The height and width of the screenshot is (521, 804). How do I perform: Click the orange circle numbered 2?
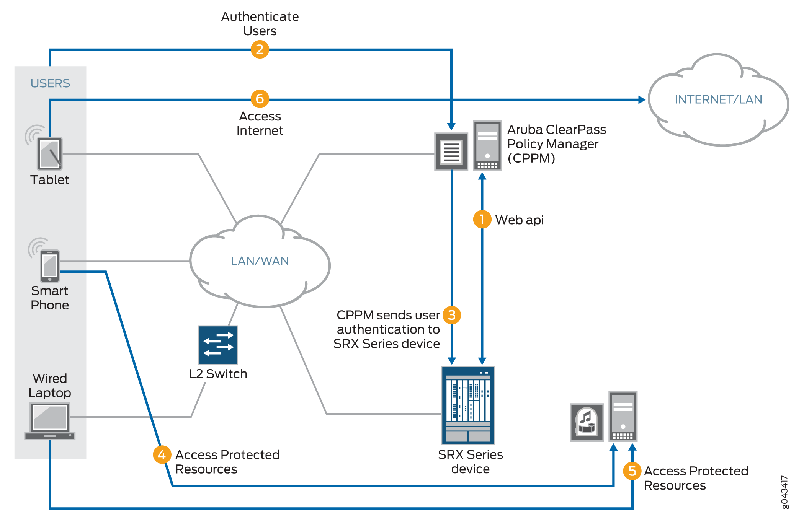pyautogui.click(x=260, y=49)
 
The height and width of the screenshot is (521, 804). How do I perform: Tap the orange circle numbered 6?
pyautogui.click(x=260, y=99)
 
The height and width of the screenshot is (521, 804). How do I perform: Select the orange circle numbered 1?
pyautogui.click(x=482, y=219)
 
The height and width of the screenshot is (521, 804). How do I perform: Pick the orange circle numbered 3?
pyautogui.click(x=452, y=315)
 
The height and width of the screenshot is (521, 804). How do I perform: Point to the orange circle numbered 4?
pyautogui.click(x=162, y=454)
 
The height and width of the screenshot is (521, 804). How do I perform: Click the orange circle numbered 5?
pyautogui.click(x=632, y=471)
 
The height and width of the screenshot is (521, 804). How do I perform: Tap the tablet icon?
pyautogui.click(x=50, y=153)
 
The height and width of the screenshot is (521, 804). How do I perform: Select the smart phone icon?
pyautogui.click(x=50, y=266)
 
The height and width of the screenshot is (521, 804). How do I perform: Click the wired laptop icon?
pyautogui.click(x=50, y=421)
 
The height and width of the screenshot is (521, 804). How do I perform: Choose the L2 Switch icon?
pyautogui.click(x=218, y=345)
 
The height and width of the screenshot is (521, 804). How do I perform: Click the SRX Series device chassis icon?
pyautogui.click(x=468, y=405)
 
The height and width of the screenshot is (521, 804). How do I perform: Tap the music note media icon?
pyautogui.click(x=587, y=422)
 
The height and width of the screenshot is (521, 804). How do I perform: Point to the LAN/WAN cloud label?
pyautogui.click(x=260, y=261)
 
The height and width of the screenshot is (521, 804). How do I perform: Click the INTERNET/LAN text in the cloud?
pyautogui.click(x=718, y=99)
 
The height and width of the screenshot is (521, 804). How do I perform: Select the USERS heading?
pyautogui.click(x=50, y=83)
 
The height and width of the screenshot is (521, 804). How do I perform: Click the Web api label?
pyautogui.click(x=520, y=220)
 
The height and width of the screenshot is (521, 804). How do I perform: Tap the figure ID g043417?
pyautogui.click(x=784, y=492)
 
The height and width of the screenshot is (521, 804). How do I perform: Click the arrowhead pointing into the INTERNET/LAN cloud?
pyautogui.click(x=641, y=100)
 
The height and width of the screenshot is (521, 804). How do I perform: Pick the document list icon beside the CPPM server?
pyautogui.click(x=451, y=151)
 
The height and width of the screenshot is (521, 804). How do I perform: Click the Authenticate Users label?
pyautogui.click(x=260, y=24)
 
